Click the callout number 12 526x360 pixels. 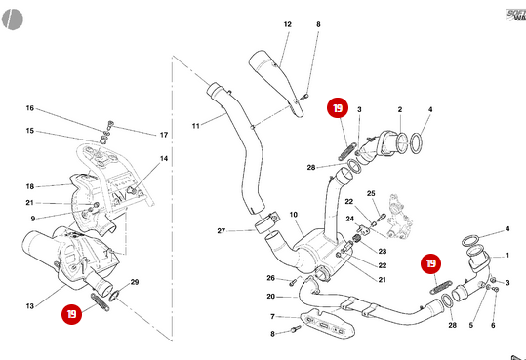288,23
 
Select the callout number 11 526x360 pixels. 195,125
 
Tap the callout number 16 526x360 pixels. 30,108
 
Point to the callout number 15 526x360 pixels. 30,131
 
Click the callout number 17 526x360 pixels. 163,134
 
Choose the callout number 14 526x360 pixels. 164,158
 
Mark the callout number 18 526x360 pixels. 30,185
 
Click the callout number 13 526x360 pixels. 30,306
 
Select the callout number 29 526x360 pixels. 135,282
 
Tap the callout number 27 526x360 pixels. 222,231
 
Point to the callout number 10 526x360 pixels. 293,214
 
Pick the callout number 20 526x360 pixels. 270,297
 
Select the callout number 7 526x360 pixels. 272,317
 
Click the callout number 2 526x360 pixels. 399,109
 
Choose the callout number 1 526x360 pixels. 506,256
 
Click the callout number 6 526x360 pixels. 493,325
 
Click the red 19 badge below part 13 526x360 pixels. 72,314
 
